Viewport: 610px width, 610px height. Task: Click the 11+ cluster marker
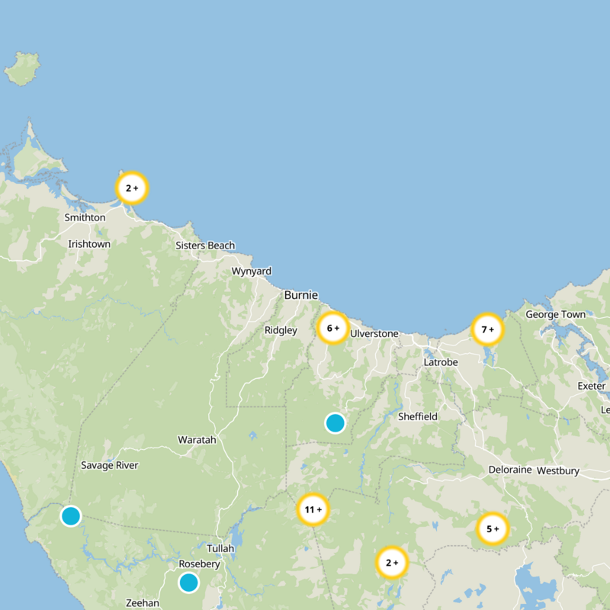313,509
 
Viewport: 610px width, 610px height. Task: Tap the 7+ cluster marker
488,329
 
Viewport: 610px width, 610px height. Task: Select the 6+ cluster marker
333,328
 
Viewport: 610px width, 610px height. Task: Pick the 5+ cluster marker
493,528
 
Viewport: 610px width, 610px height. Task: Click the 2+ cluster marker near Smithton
131,187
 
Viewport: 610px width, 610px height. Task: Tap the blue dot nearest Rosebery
188,583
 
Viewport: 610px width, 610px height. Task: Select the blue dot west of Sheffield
335,422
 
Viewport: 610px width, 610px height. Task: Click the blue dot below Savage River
71,516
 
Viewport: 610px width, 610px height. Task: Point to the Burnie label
300,295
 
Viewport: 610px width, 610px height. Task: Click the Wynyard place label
251,271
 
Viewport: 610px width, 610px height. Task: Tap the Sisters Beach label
205,246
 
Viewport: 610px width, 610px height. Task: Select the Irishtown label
89,244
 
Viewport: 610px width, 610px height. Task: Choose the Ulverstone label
374,334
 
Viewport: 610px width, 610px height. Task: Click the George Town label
555,315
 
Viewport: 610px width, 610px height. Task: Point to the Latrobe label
441,362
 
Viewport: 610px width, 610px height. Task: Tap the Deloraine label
509,470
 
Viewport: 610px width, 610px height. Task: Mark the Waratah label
197,440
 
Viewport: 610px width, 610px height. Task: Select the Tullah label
220,548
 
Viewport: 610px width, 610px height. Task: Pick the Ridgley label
281,331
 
